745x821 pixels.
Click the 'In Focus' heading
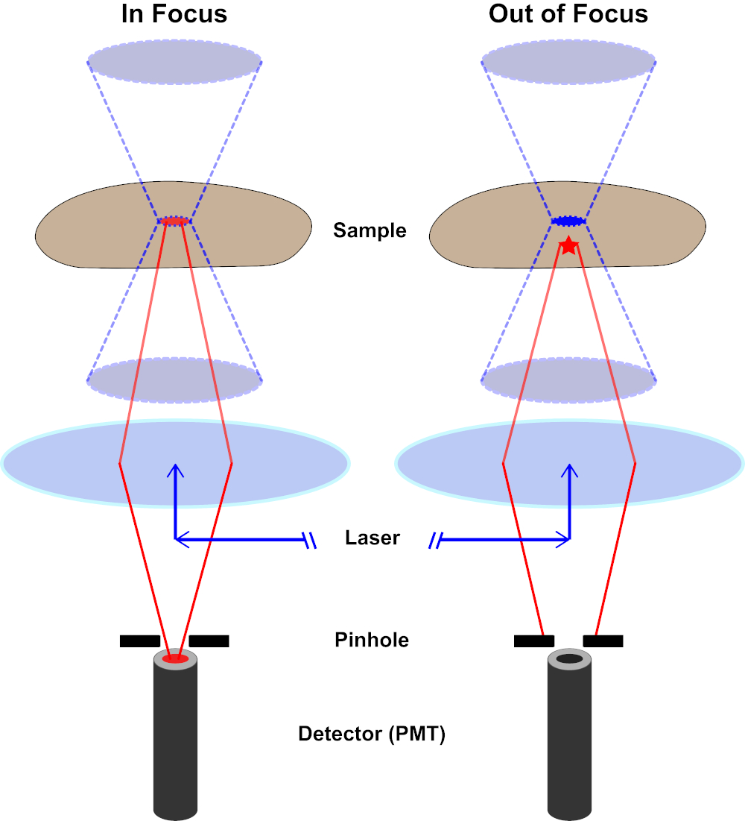[174, 13]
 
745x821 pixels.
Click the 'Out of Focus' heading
[568, 13]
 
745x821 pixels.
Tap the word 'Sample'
[370, 230]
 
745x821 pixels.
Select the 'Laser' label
[372, 538]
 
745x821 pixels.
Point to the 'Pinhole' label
[372, 640]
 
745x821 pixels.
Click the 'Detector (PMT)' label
[372, 735]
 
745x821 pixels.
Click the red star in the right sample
[568, 245]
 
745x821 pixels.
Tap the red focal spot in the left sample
[174, 221]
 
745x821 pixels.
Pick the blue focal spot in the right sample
[568, 221]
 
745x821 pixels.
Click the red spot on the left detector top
[176, 658]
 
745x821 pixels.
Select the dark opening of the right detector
[569, 659]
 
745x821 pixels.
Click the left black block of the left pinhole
[140, 641]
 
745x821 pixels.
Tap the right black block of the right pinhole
[603, 641]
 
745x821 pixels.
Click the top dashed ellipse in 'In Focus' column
[174, 57]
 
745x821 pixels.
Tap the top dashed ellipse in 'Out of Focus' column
[568, 57]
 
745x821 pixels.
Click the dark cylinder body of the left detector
[176, 746]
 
